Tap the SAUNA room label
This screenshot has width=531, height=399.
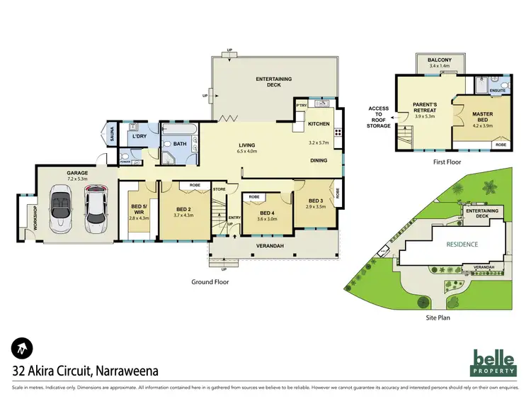pyautogui.click(x=111, y=133)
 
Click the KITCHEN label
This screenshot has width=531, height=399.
pyautogui.click(x=319, y=124)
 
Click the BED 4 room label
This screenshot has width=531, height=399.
pyautogui.click(x=267, y=213)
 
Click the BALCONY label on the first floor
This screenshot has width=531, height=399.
pyautogui.click(x=440, y=61)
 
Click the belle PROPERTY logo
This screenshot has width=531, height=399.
pyautogui.click(x=493, y=363)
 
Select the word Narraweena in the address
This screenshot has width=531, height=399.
pyautogui.click(x=122, y=370)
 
